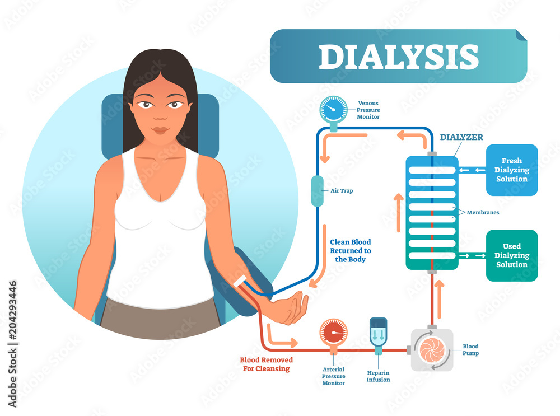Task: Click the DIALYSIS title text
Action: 399,57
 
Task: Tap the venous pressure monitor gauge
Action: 333,109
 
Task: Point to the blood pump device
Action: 432,350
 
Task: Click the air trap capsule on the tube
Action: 317,190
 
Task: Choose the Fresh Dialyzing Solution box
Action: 511,170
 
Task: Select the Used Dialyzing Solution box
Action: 511,255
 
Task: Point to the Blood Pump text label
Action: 470,349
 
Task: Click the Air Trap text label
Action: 342,191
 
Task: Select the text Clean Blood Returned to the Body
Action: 351,251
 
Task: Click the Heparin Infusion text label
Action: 378,376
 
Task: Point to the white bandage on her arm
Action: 241,282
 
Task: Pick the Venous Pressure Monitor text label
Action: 368,110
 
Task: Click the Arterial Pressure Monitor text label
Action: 333,376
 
